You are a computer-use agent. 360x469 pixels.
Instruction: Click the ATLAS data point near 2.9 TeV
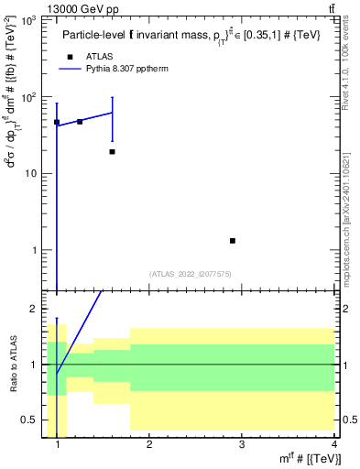pos(233,241)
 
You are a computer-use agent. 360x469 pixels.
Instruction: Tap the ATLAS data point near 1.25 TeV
pos(80,122)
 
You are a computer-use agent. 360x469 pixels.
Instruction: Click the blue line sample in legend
pos(72,69)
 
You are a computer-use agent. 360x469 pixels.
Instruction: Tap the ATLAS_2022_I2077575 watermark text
pos(191,273)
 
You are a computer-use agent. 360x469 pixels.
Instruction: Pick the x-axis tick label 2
pos(149,445)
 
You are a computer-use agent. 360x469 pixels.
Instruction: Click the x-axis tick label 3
pos(242,445)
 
